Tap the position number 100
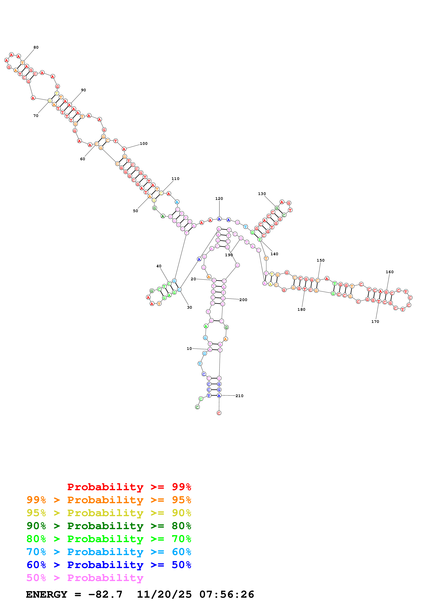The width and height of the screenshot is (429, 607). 143,144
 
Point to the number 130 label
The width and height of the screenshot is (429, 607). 262,194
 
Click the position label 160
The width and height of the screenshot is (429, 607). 390,272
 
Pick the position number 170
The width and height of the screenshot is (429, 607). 375,322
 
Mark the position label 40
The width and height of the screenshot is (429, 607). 159,266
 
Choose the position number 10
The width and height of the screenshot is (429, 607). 189,349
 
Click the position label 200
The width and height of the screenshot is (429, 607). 243,300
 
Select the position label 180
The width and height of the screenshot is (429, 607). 301,310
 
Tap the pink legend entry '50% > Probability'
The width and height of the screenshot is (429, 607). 85,578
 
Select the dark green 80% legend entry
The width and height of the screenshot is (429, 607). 109,526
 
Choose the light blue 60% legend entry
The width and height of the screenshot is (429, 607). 109,552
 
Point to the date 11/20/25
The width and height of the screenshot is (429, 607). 164,595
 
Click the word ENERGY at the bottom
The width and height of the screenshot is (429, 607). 47,595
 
